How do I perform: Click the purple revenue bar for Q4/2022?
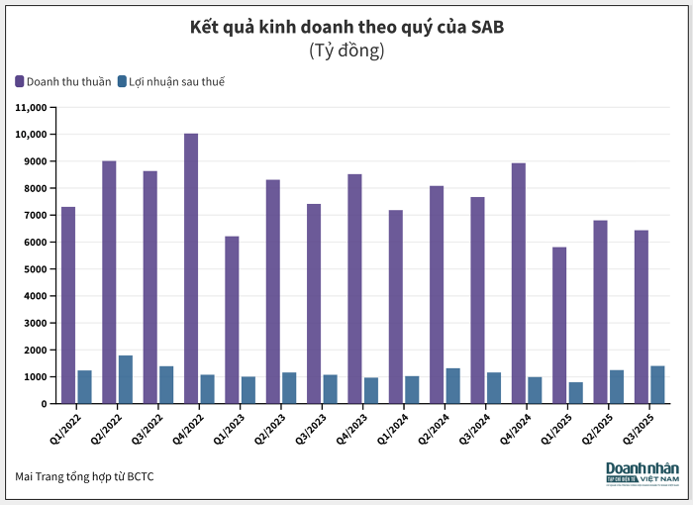click(x=191, y=268)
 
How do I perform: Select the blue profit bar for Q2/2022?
click(x=126, y=379)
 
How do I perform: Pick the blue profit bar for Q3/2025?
click(x=657, y=385)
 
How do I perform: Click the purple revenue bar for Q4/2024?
click(x=519, y=283)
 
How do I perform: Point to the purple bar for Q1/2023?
click(x=232, y=320)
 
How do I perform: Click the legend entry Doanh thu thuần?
click(x=62, y=81)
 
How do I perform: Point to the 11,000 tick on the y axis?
click(x=32, y=107)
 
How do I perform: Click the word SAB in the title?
click(x=484, y=27)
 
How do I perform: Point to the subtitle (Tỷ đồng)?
click(x=346, y=50)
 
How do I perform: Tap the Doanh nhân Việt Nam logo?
click(x=641, y=473)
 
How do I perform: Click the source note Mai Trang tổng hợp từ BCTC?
click(x=84, y=476)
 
